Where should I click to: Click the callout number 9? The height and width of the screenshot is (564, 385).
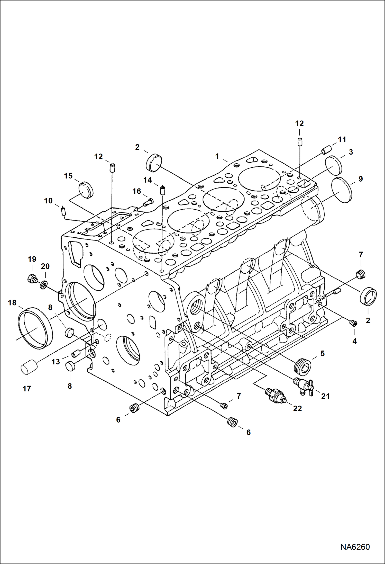pos(360,179)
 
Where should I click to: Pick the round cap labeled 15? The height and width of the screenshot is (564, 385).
pos(86,190)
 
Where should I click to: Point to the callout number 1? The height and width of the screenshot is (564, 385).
pos(217,156)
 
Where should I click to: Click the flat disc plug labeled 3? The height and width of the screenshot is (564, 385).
pos(334,164)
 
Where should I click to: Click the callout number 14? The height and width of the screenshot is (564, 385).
pos(148,180)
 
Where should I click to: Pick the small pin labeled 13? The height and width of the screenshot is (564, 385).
pos(76,354)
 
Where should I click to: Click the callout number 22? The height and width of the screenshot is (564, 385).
pos(297,408)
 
